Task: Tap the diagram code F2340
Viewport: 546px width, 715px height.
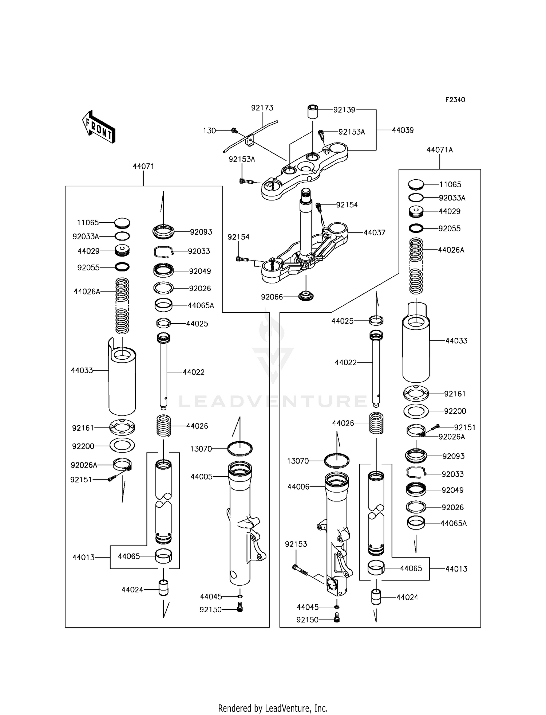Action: tap(455, 100)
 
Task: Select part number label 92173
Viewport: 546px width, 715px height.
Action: tap(262, 108)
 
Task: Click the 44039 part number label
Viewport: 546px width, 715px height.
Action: tap(403, 130)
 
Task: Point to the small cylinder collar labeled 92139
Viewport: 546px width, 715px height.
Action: tap(313, 111)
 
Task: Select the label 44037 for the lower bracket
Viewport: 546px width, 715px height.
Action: tap(374, 233)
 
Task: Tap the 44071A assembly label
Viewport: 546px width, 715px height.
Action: tap(439, 150)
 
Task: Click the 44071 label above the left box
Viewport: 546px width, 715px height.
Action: tap(143, 166)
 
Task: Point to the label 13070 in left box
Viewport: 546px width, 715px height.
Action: tap(201, 449)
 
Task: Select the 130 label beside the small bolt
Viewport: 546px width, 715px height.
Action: tap(209, 130)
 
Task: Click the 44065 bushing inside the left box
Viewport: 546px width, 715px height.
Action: tap(163, 556)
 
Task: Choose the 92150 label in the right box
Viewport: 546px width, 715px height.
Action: tap(307, 620)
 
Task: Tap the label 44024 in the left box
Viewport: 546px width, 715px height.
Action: tap(132, 590)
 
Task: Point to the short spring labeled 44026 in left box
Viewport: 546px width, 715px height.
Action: tap(163, 425)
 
